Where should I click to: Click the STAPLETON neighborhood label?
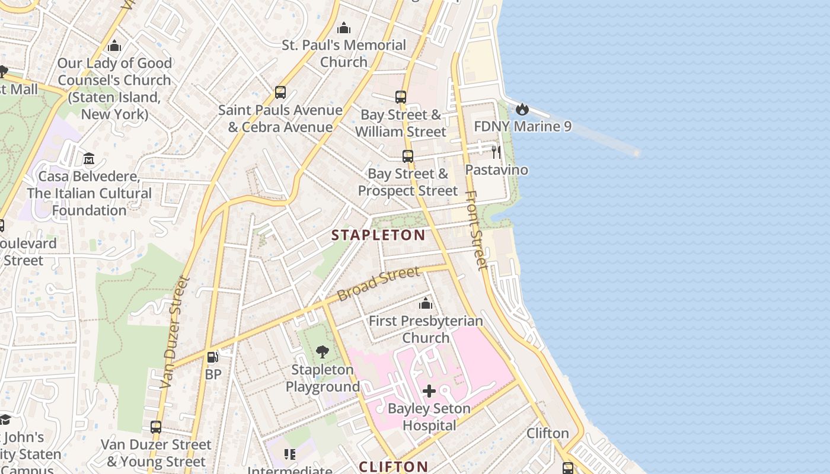click(378, 235)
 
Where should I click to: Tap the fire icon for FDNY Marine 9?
click(522, 109)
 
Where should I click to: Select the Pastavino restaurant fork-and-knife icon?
click(496, 152)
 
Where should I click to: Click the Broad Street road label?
click(378, 284)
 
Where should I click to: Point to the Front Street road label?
click(476, 230)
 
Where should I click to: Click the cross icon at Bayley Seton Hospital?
click(429, 391)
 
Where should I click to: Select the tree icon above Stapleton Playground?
click(323, 352)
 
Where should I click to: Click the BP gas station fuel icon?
click(212, 357)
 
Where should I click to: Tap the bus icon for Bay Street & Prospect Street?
click(408, 156)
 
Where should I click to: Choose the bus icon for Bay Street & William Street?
click(401, 97)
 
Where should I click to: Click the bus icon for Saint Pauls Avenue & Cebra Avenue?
click(280, 92)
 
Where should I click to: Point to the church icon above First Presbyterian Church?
click(426, 304)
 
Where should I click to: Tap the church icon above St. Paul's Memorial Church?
click(344, 28)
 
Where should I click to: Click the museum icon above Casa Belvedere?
click(89, 159)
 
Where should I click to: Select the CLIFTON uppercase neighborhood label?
click(393, 466)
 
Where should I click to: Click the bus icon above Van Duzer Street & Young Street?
click(155, 427)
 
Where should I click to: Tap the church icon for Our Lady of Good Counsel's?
click(115, 46)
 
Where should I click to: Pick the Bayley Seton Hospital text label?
click(429, 417)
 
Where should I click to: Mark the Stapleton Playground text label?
click(323, 379)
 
